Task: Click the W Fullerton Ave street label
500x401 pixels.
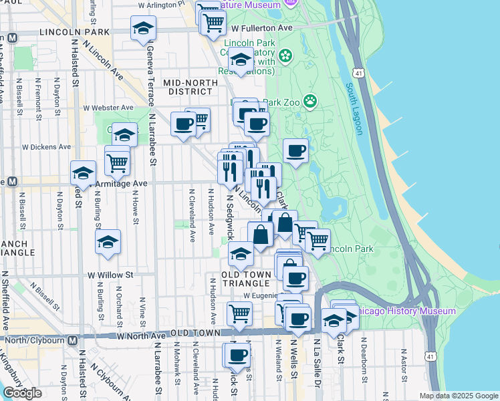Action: [x=261, y=28]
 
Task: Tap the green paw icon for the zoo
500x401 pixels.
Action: [x=310, y=101]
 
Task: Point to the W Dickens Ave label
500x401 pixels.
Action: [x=46, y=146]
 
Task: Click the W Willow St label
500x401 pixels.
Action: [x=110, y=274]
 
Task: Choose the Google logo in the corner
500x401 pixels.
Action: [x=22, y=393]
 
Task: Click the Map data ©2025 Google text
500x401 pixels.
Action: [x=459, y=396]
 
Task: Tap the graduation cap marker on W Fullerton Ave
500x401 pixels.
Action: [x=142, y=29]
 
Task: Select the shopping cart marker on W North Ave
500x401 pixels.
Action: [x=239, y=313]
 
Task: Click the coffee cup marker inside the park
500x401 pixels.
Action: [x=295, y=151]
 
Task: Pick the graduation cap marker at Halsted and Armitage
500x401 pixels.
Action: [x=83, y=174]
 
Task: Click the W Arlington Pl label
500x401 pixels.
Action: [x=160, y=5]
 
